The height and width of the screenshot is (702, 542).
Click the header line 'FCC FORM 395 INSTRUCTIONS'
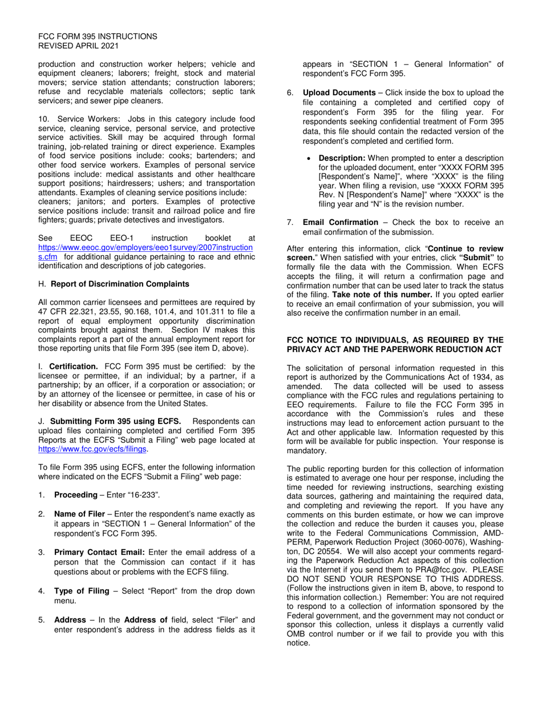tap(98, 37)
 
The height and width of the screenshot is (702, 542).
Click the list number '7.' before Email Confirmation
tap(290, 222)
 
